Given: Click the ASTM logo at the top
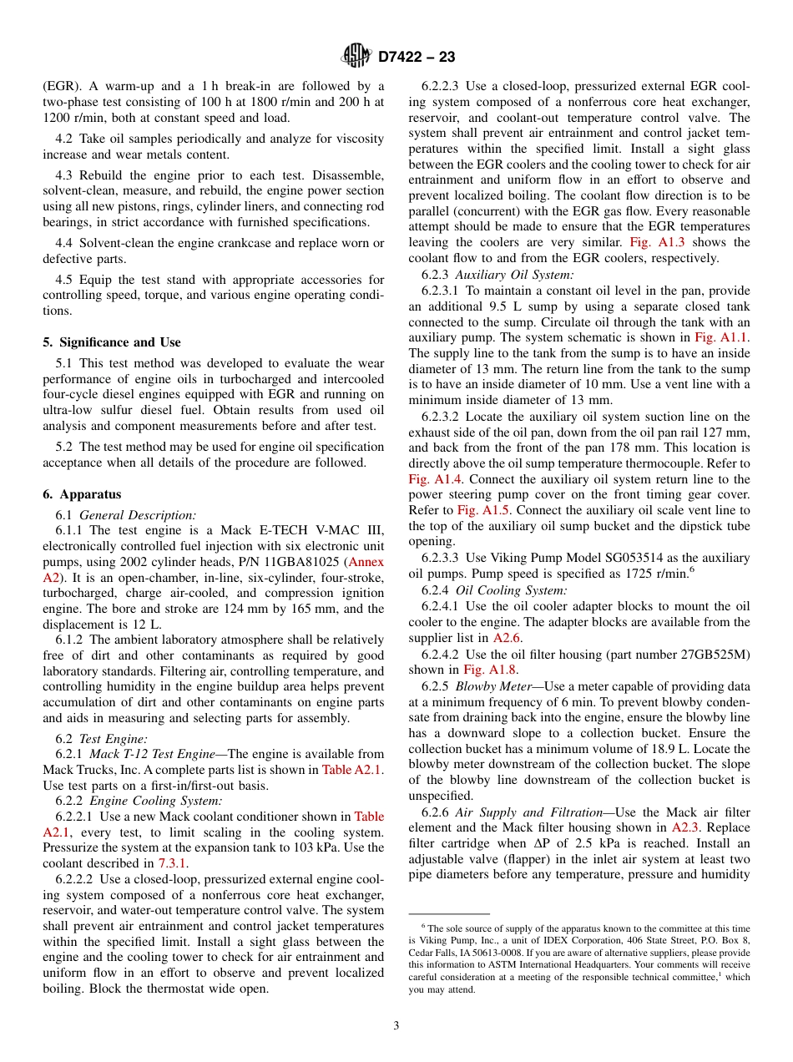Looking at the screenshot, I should [357, 57].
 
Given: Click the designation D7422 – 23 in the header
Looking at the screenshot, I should [417, 58].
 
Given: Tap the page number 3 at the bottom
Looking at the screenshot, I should [396, 1025].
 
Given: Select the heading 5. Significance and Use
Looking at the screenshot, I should [111, 342].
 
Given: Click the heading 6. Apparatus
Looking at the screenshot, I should [82, 494].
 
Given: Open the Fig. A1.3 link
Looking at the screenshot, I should [657, 242].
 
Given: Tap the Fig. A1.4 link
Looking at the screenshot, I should [430, 479].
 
